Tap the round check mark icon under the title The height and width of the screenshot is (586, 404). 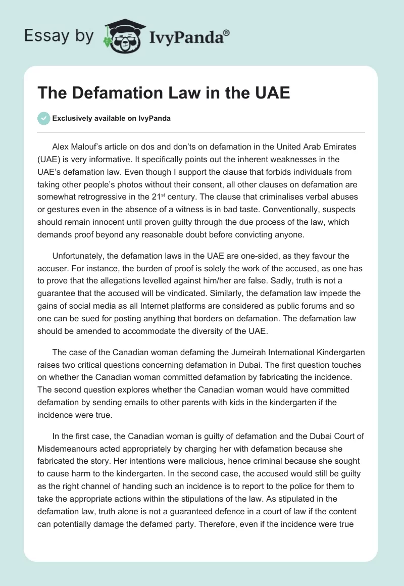44,118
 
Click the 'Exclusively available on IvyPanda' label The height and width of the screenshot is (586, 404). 112,119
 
